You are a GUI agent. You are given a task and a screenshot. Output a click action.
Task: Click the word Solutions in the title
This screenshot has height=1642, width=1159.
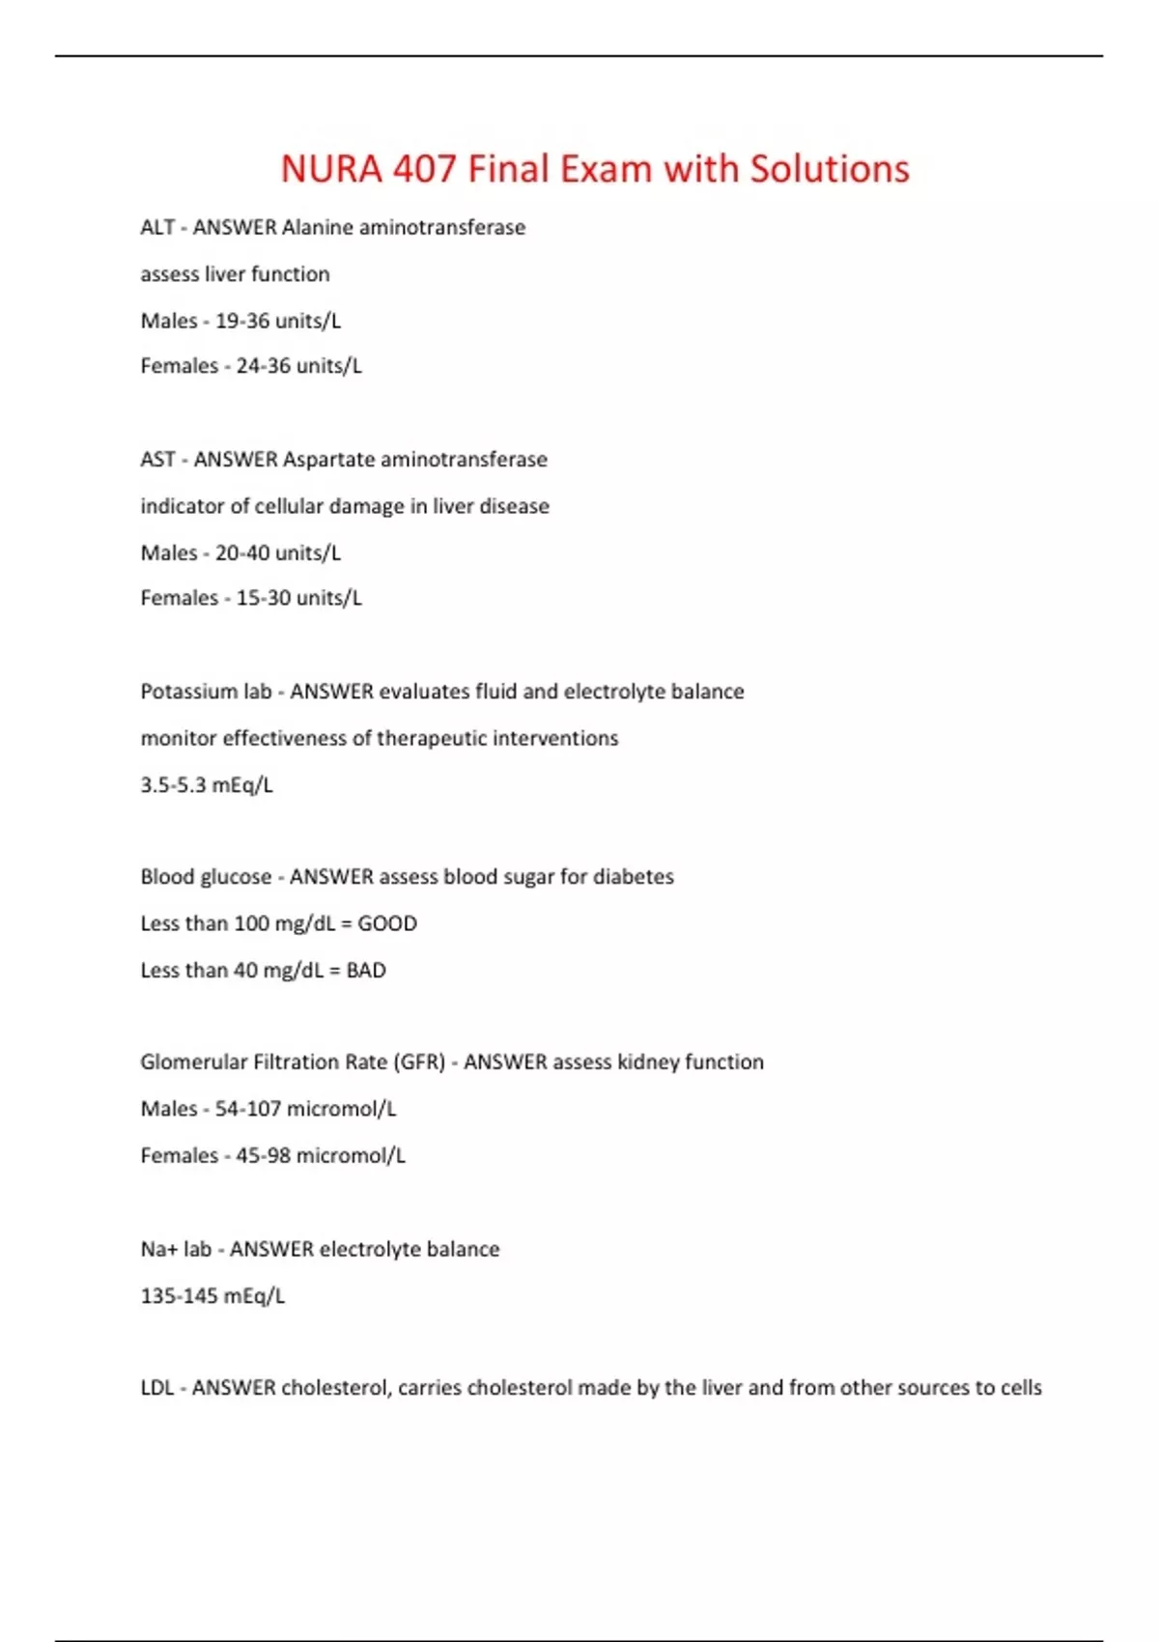[830, 169]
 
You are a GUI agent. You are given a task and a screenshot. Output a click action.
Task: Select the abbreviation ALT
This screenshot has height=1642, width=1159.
[157, 228]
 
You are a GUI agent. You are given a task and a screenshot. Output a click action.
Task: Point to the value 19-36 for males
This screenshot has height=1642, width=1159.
[242, 321]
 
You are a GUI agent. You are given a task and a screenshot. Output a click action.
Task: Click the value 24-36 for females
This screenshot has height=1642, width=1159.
[264, 366]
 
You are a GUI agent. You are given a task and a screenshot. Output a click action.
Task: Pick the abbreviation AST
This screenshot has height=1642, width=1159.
[157, 460]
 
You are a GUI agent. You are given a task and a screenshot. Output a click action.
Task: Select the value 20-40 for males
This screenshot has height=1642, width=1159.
[242, 553]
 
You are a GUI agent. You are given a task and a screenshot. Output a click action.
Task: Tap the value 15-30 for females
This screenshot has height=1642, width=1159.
[264, 599]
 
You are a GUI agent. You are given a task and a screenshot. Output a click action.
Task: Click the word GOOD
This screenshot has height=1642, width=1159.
[387, 923]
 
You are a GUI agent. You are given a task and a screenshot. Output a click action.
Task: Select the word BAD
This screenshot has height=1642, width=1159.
[366, 971]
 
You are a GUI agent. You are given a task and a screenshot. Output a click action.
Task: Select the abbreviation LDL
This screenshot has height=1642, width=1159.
[157, 1388]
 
